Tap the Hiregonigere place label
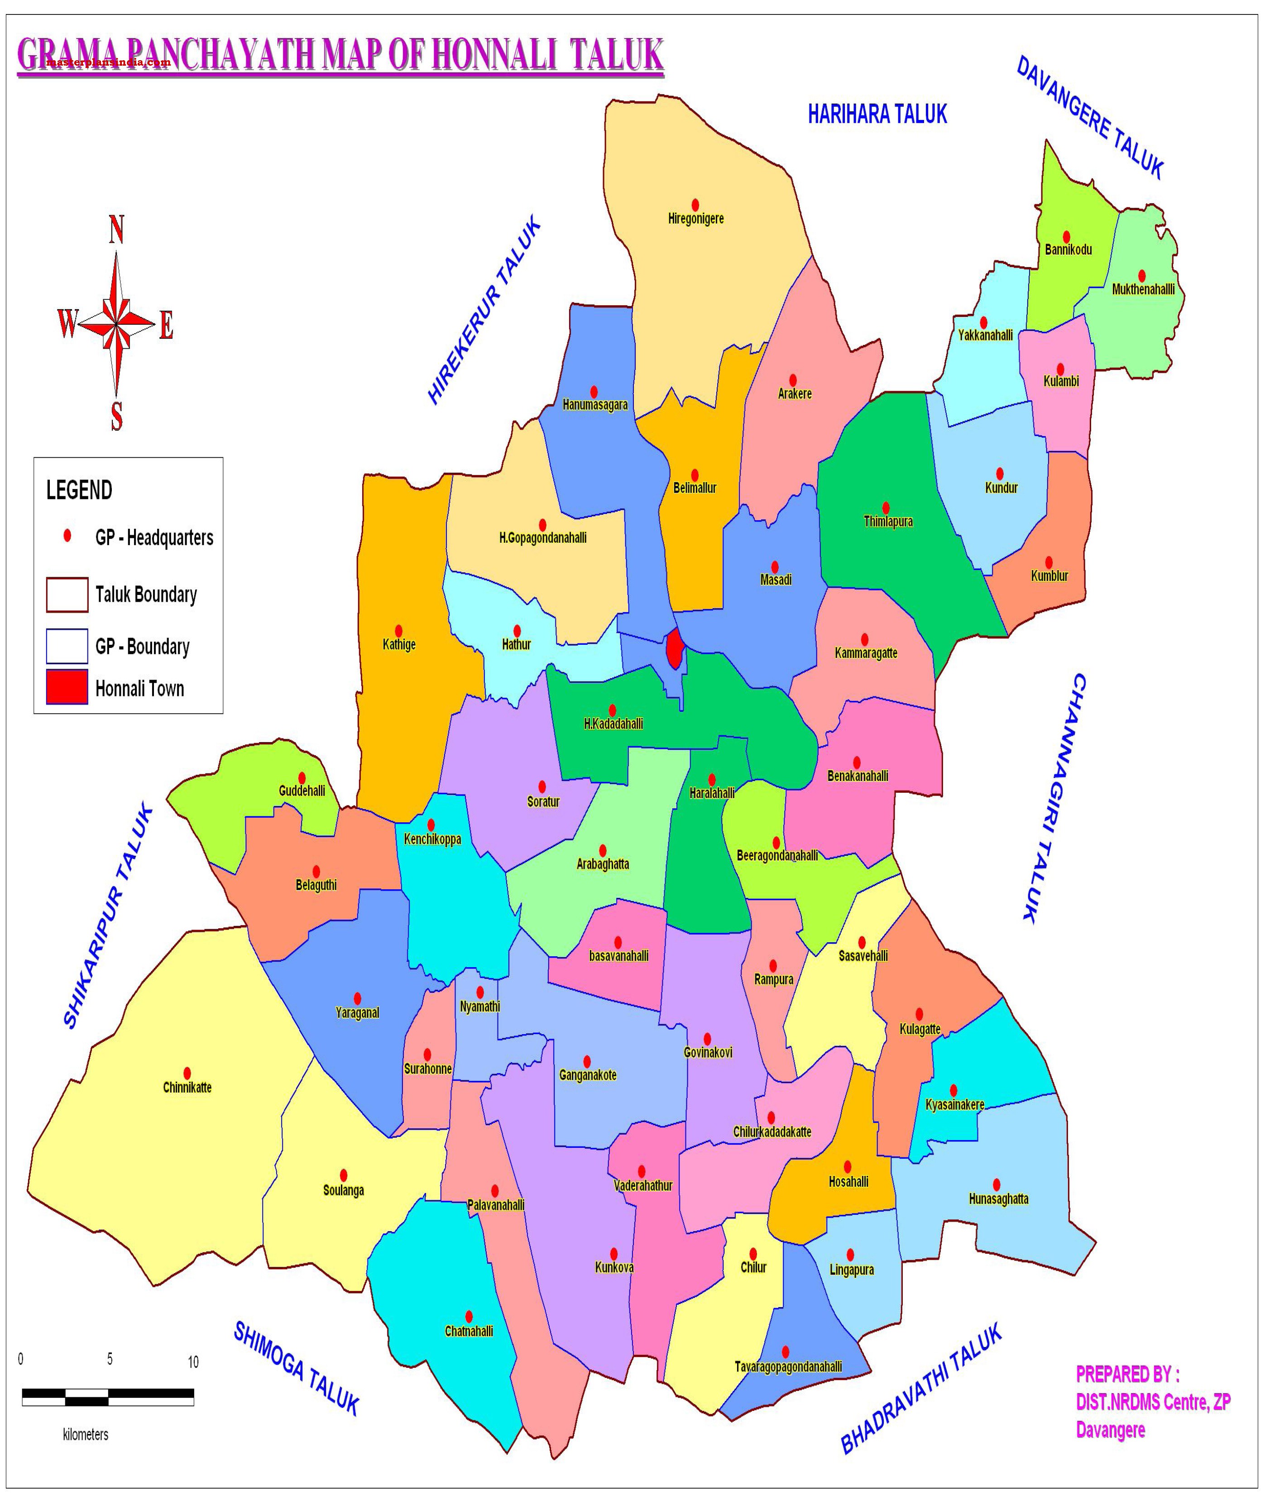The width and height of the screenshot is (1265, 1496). [695, 219]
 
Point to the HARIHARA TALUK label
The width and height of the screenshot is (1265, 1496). [877, 114]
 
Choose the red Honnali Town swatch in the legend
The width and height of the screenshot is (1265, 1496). [67, 686]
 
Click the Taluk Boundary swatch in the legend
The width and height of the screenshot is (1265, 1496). [67, 595]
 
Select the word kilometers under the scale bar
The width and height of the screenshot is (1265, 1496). [85, 1434]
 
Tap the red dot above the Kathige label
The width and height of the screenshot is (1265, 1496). [399, 630]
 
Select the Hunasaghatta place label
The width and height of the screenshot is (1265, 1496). [998, 1199]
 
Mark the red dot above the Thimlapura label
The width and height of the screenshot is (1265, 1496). [886, 507]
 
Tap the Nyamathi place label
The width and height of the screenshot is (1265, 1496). [480, 1006]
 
